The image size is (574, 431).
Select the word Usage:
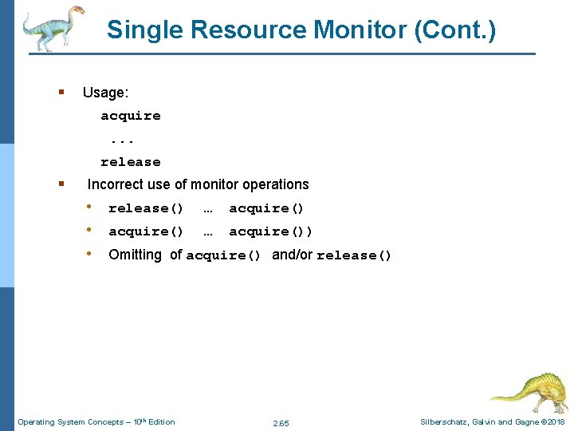(x=105, y=93)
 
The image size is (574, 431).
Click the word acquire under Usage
(x=130, y=116)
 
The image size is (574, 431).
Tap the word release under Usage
(x=130, y=162)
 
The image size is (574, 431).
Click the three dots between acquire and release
(x=124, y=139)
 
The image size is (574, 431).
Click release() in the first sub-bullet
(x=146, y=208)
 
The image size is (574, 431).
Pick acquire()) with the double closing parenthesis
(x=271, y=231)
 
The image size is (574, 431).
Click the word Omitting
(x=135, y=255)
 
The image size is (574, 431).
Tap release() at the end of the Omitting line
(x=354, y=255)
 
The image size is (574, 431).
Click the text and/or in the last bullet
(x=292, y=255)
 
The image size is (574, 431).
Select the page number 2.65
(x=281, y=422)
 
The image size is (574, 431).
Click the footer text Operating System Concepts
(x=70, y=421)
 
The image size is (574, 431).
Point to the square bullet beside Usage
(x=61, y=93)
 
